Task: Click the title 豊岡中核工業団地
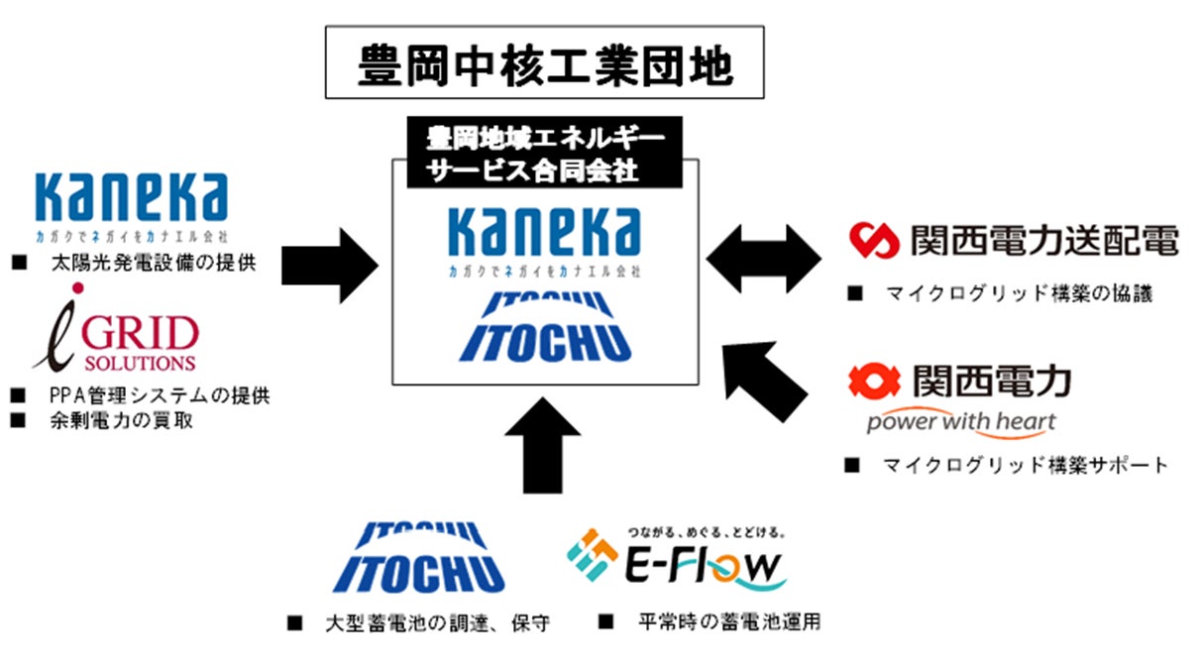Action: (x=544, y=66)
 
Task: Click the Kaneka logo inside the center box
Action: (x=544, y=238)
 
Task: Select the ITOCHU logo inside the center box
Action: (x=544, y=327)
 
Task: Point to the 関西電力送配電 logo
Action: (x=1014, y=240)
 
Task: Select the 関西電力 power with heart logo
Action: (x=959, y=397)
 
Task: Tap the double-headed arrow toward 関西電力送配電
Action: (x=763, y=260)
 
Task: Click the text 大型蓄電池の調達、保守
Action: (x=436, y=623)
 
